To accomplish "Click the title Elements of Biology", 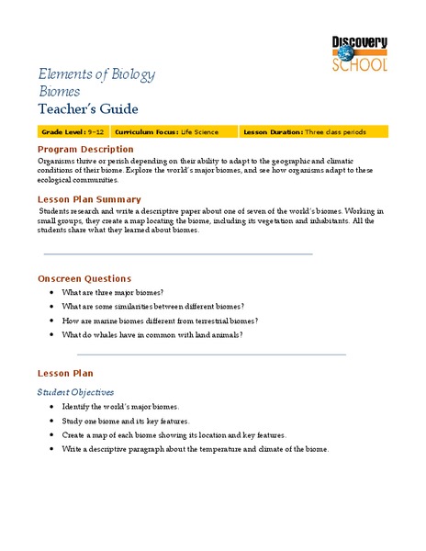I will coord(96,73).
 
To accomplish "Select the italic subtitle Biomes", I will coord(59,92).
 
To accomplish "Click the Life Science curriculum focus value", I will coord(200,132).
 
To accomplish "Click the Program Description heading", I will coord(84,149).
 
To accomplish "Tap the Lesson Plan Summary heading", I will coord(88,198).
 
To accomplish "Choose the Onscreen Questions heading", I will coord(84,278).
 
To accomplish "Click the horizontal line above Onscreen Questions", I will coord(178,254).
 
